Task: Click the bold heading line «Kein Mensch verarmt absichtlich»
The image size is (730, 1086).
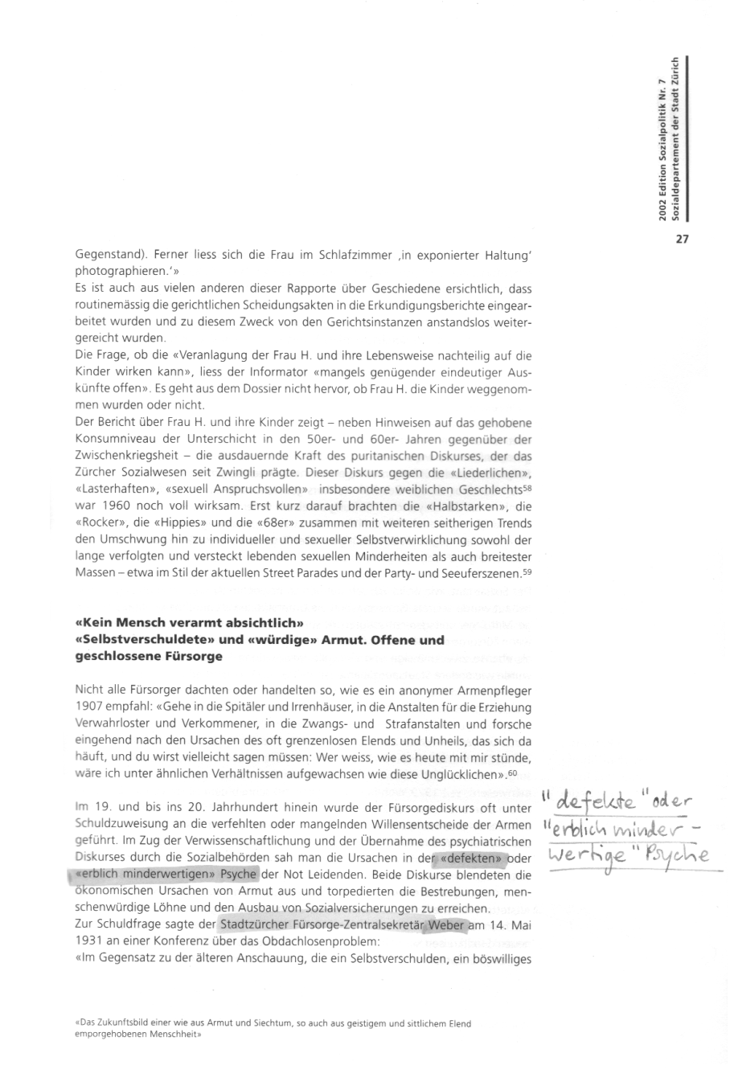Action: click(x=188, y=624)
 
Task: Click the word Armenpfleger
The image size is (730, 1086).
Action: click(x=494, y=691)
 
